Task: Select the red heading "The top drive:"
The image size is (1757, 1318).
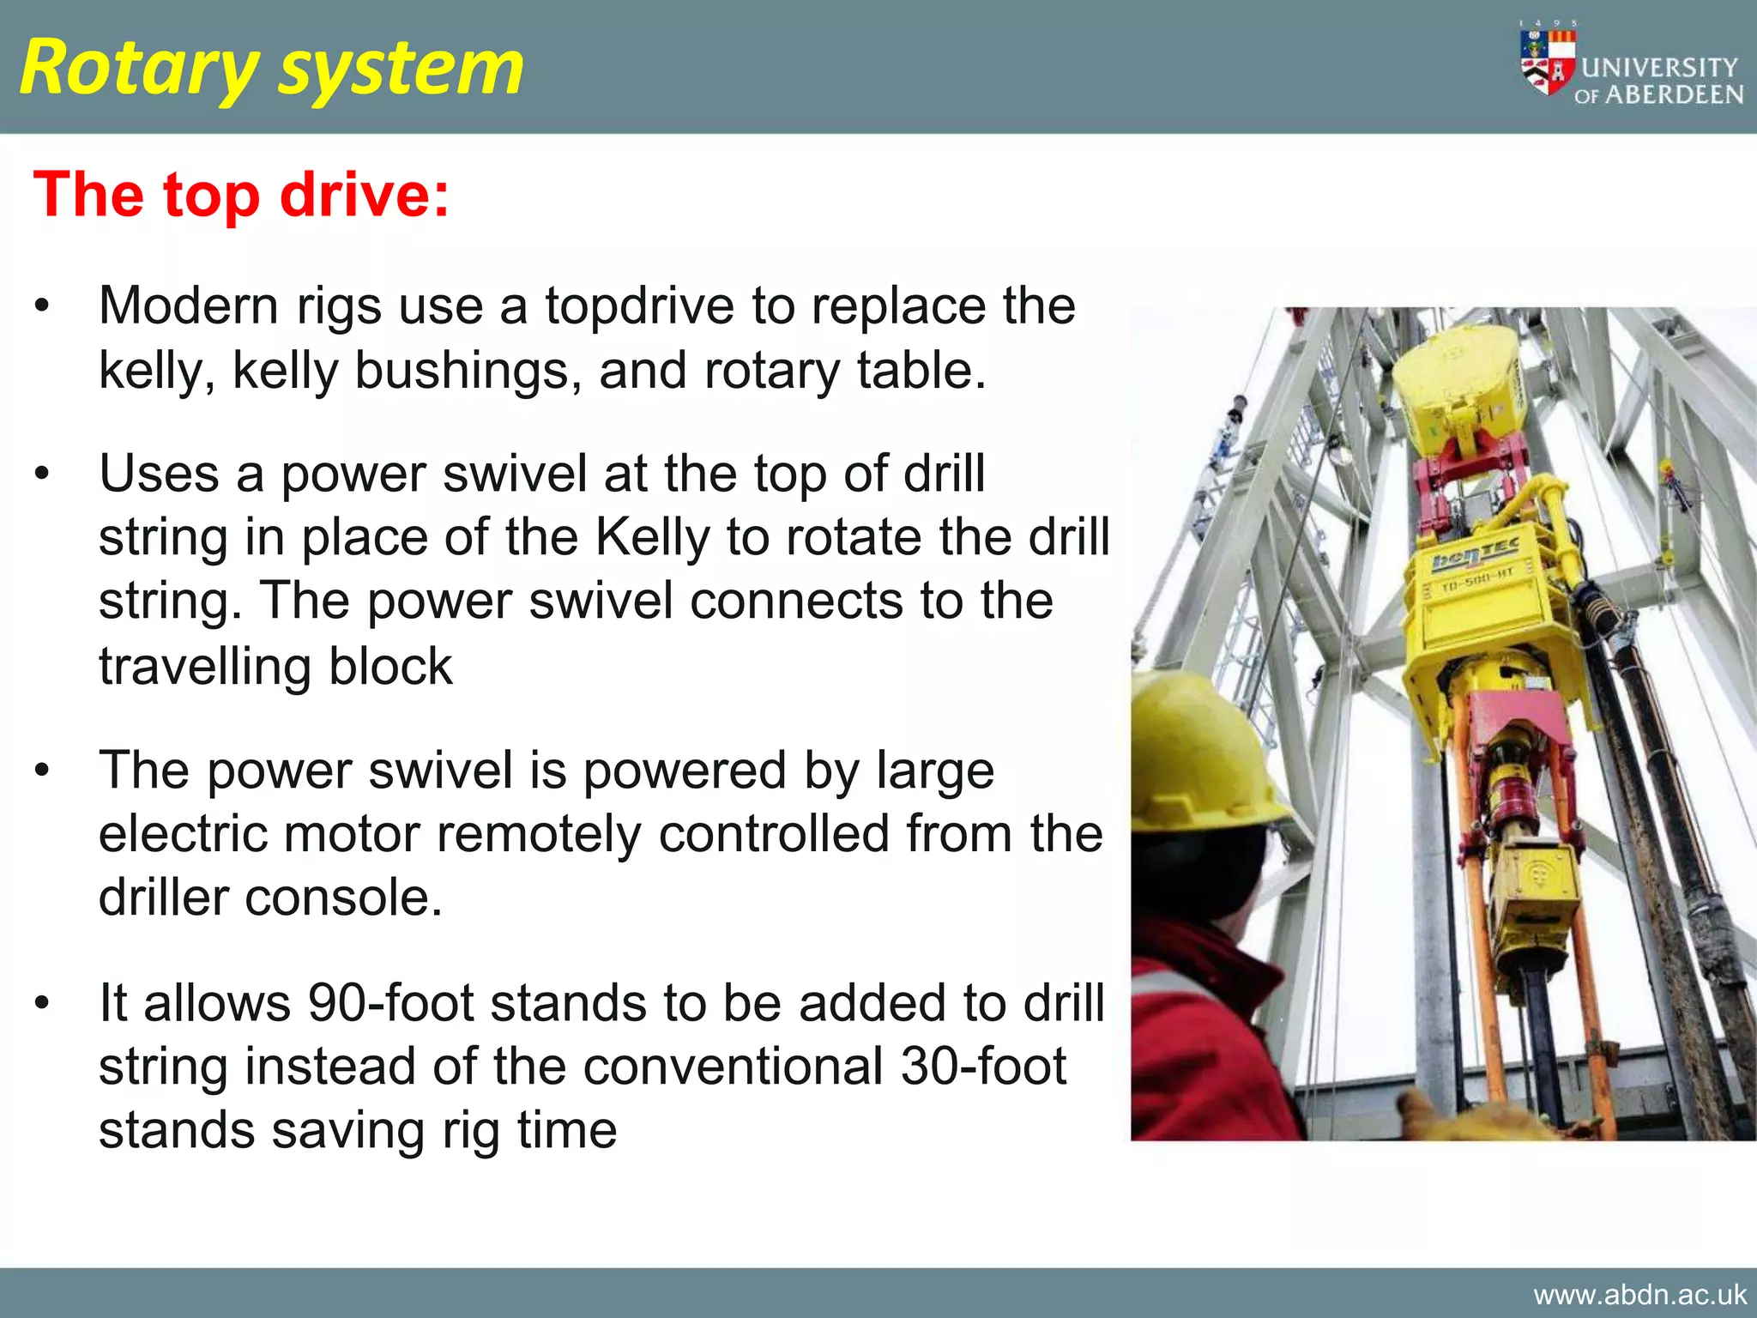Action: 241,195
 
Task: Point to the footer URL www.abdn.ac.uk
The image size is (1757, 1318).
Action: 1639,1294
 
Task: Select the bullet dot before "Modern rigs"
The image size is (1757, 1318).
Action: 42,306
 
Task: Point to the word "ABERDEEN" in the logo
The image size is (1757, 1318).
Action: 1674,94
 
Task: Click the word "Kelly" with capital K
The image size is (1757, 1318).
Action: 653,538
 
